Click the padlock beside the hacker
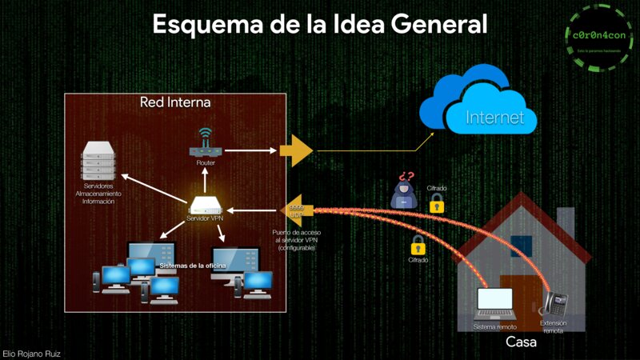(x=437, y=206)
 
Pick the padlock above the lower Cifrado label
(x=416, y=245)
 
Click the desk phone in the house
(x=555, y=303)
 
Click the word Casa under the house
(x=521, y=342)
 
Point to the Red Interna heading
(x=175, y=102)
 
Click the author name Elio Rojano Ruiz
(x=32, y=353)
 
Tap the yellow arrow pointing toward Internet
(x=297, y=150)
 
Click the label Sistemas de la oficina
(x=193, y=265)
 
